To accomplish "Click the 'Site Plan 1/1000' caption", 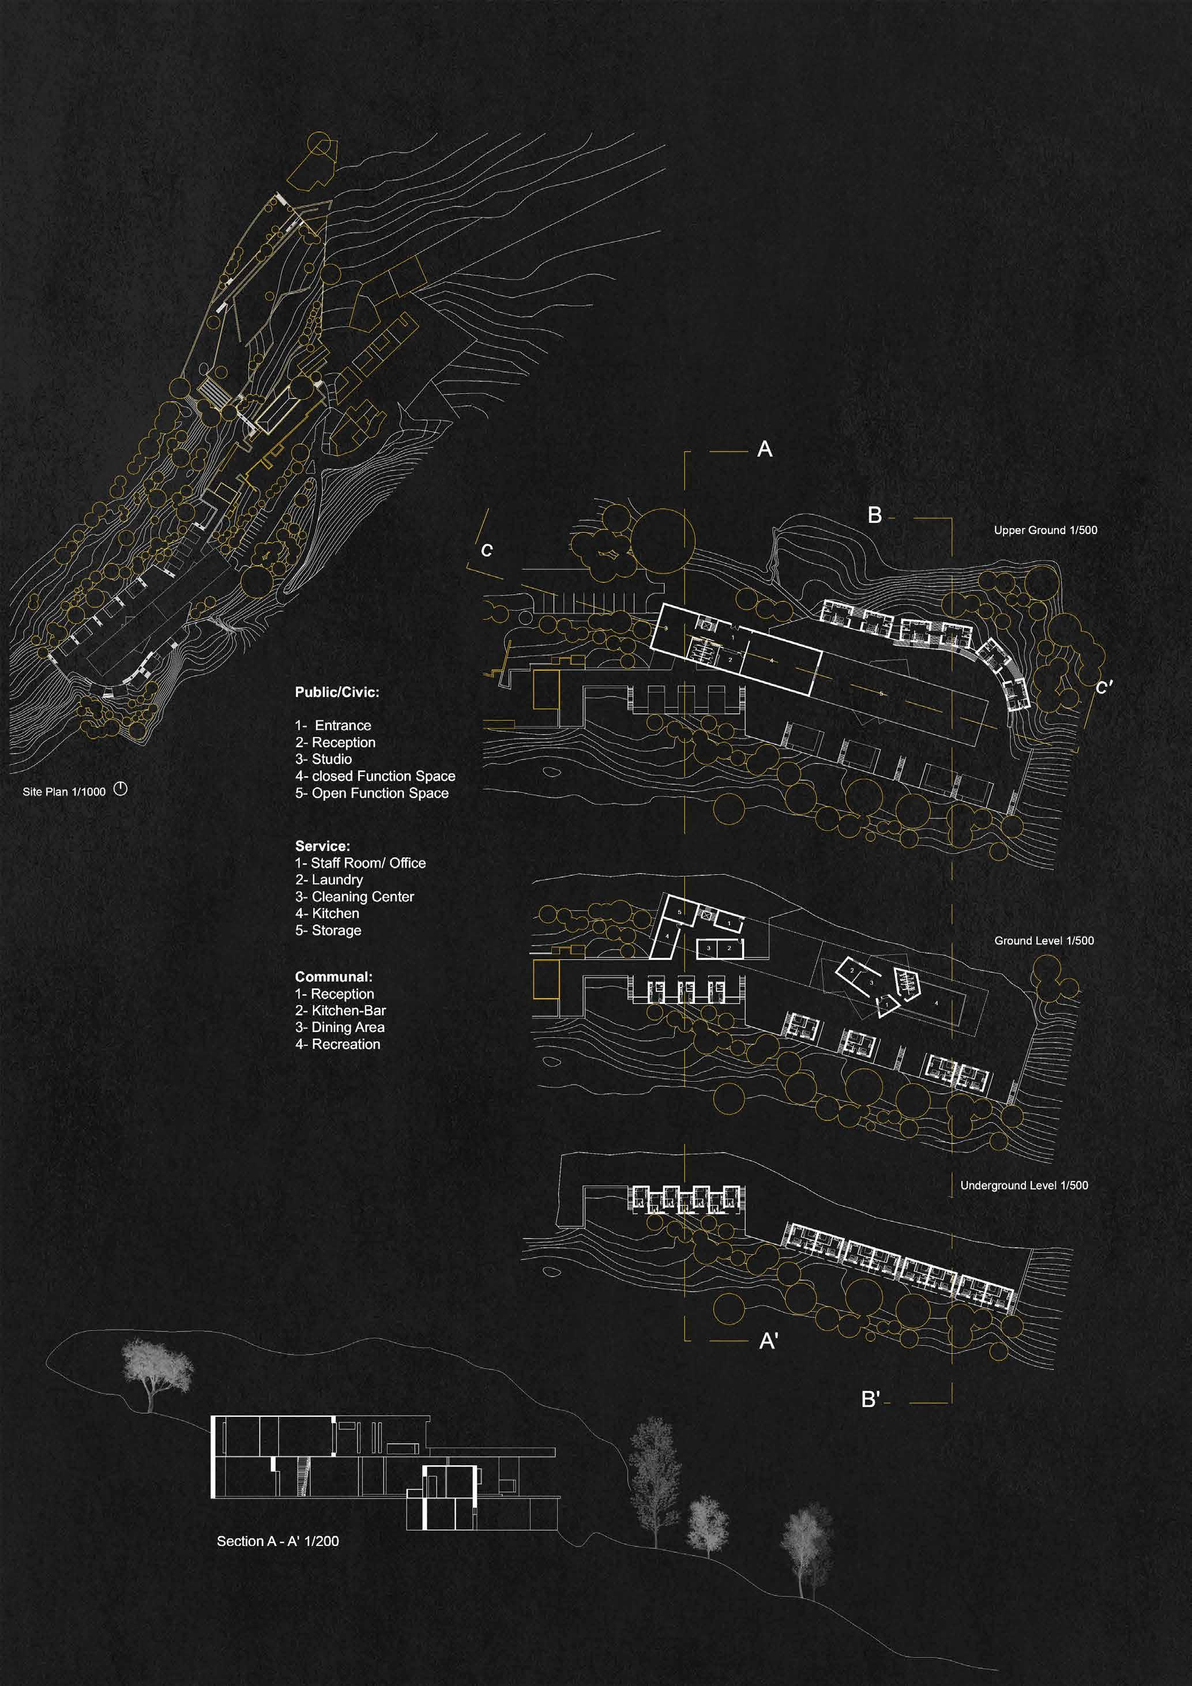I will tap(64, 792).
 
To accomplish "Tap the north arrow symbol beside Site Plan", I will tap(121, 789).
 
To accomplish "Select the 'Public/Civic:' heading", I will tap(337, 692).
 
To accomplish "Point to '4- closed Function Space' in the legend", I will tap(375, 776).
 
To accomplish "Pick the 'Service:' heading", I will tap(322, 846).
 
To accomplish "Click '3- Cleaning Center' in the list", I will tap(355, 896).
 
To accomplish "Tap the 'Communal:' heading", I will tap(333, 977).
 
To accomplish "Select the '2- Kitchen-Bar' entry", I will tap(340, 1010).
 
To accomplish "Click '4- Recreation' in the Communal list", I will tap(338, 1044).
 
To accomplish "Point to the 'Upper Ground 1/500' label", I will tap(1045, 530).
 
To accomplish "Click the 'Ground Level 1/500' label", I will tap(1044, 940).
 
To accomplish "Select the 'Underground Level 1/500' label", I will tap(1024, 1185).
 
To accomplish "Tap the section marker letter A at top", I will tap(765, 449).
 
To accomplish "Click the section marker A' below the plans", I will tap(768, 1342).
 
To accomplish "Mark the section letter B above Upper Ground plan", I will tap(874, 515).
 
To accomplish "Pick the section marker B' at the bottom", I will tap(870, 1399).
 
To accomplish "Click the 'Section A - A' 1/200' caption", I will tap(277, 1541).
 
